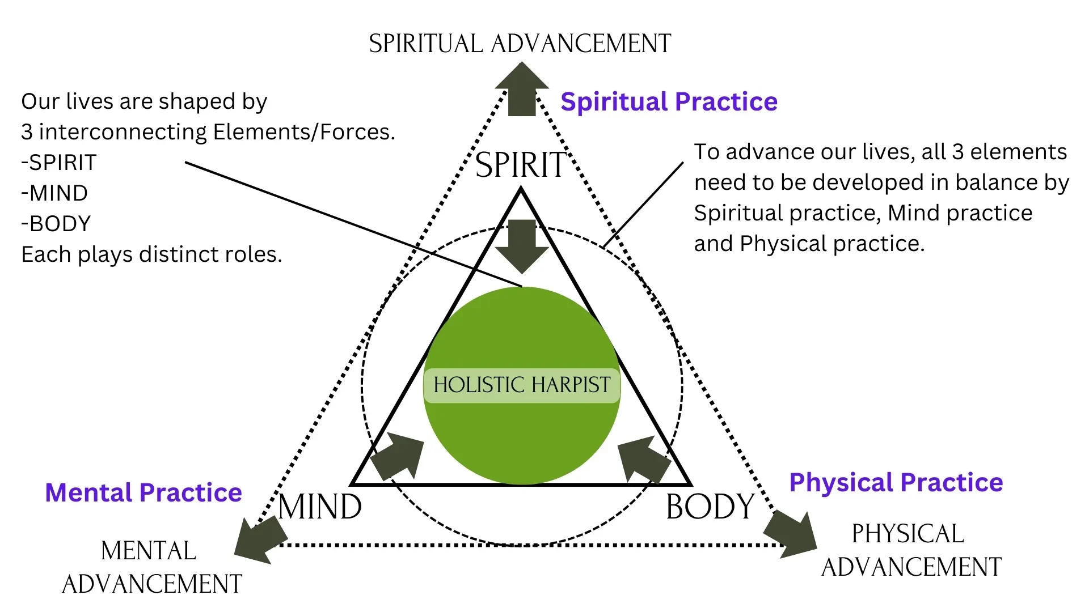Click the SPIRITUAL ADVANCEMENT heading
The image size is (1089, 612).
point(520,44)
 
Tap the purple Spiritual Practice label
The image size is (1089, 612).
point(669,102)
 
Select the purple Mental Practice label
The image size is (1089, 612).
point(143,492)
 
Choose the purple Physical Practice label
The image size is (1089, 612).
point(896,483)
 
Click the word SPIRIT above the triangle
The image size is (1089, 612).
point(521,165)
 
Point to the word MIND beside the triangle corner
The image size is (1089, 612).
point(320,507)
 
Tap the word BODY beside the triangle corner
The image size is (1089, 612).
point(710,507)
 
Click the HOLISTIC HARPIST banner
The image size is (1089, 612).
point(522,385)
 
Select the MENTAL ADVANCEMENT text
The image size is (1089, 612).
point(151,567)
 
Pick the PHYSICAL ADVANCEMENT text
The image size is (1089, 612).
point(911,550)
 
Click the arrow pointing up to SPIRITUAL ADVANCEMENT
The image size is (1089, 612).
point(522,89)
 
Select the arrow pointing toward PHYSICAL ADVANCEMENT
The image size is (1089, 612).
point(790,534)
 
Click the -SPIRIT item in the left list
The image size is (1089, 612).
point(59,163)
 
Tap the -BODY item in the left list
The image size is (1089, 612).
point(56,224)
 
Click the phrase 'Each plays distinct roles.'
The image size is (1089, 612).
point(151,254)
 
